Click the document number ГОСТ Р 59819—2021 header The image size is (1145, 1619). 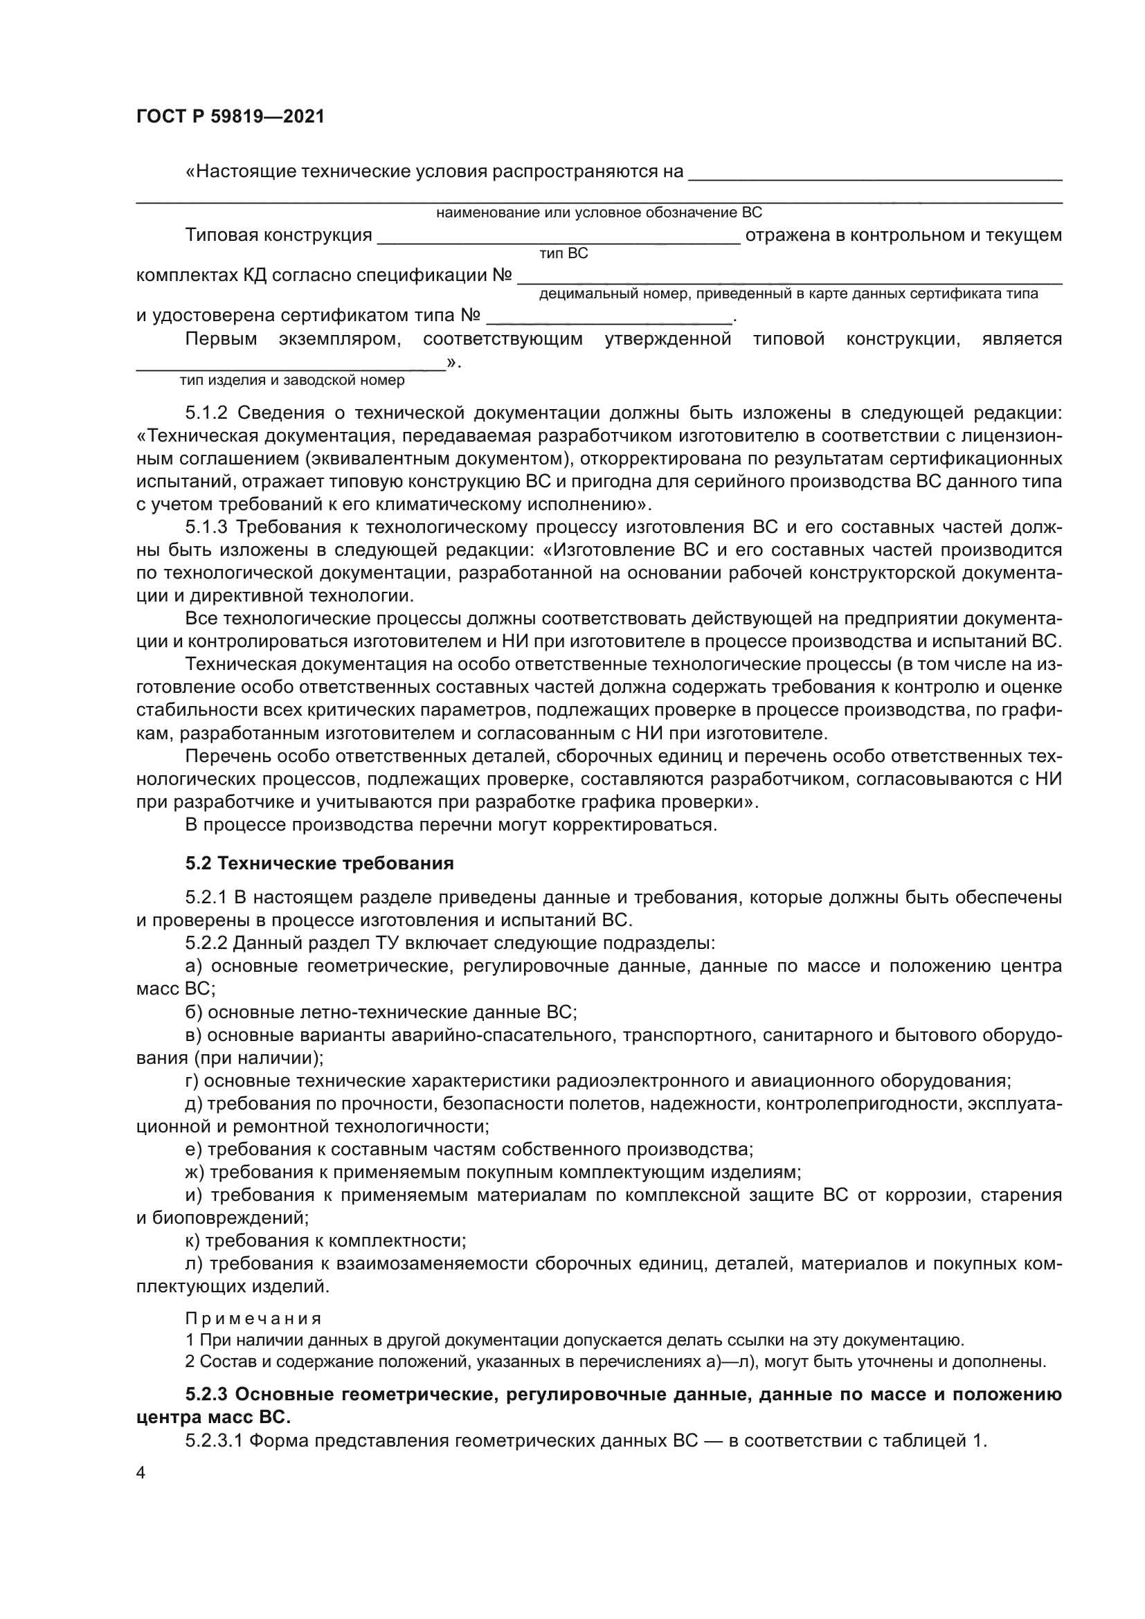click(x=230, y=117)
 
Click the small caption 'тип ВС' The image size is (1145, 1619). click(x=564, y=254)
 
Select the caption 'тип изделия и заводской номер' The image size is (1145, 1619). click(x=292, y=381)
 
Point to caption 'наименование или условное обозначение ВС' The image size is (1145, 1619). click(x=599, y=213)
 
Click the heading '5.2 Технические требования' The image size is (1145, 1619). click(x=319, y=863)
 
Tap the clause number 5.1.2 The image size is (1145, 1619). click(x=206, y=413)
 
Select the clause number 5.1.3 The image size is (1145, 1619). click(x=206, y=527)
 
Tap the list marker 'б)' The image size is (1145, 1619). click(x=194, y=1013)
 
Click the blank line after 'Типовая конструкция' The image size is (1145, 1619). click(x=559, y=236)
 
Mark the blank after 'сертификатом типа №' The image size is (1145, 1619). click(x=610, y=316)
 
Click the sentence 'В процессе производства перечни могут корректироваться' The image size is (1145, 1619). click(x=451, y=824)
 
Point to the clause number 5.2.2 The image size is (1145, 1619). click(x=206, y=943)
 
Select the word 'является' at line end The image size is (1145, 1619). click(x=1022, y=339)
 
